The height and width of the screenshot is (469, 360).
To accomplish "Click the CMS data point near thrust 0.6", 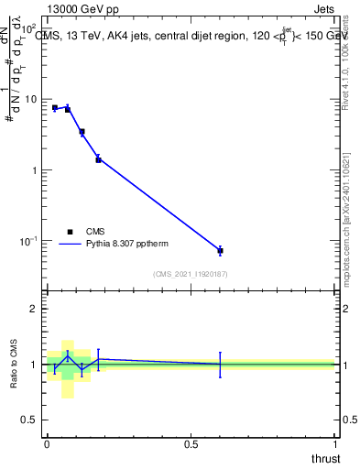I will (220, 250).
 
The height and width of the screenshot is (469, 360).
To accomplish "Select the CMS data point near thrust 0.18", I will (98, 159).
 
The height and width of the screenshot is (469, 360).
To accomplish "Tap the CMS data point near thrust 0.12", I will (82, 132).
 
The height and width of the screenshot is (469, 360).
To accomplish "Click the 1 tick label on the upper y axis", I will (35, 170).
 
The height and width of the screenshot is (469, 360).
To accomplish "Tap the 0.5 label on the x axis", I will (191, 444).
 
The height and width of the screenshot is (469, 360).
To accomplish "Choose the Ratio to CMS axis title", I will (14, 365).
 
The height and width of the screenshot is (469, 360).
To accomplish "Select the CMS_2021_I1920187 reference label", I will (190, 274).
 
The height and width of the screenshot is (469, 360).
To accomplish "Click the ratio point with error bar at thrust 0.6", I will (220, 364).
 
